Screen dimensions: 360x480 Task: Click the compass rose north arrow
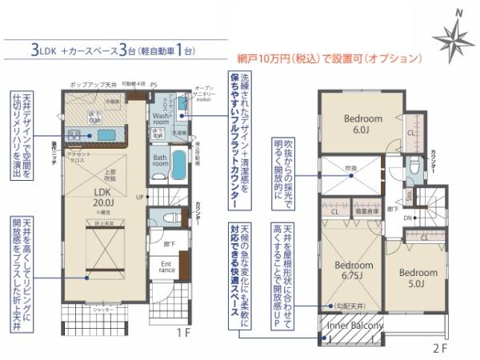point(453,36)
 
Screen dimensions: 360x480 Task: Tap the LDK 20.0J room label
point(102,197)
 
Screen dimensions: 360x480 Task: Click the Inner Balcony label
point(353,325)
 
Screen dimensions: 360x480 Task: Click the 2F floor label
point(438,349)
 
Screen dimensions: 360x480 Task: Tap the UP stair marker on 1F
point(141,196)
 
